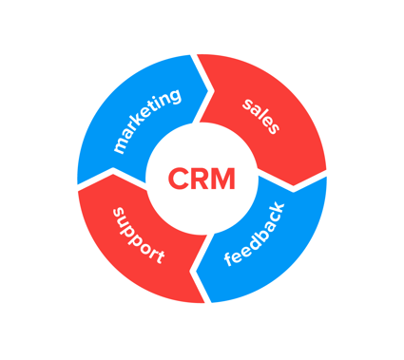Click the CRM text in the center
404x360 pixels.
(x=201, y=178)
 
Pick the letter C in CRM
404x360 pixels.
(x=178, y=178)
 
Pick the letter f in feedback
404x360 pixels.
(x=231, y=266)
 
